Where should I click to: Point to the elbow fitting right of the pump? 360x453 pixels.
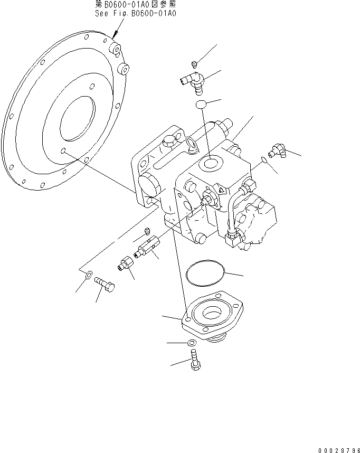click(278, 152)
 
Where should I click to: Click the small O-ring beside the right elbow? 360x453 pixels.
click(263, 159)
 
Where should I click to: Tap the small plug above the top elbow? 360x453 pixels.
click(194, 64)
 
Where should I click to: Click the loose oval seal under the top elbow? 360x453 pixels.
click(201, 105)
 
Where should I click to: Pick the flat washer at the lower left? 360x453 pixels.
click(89, 274)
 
